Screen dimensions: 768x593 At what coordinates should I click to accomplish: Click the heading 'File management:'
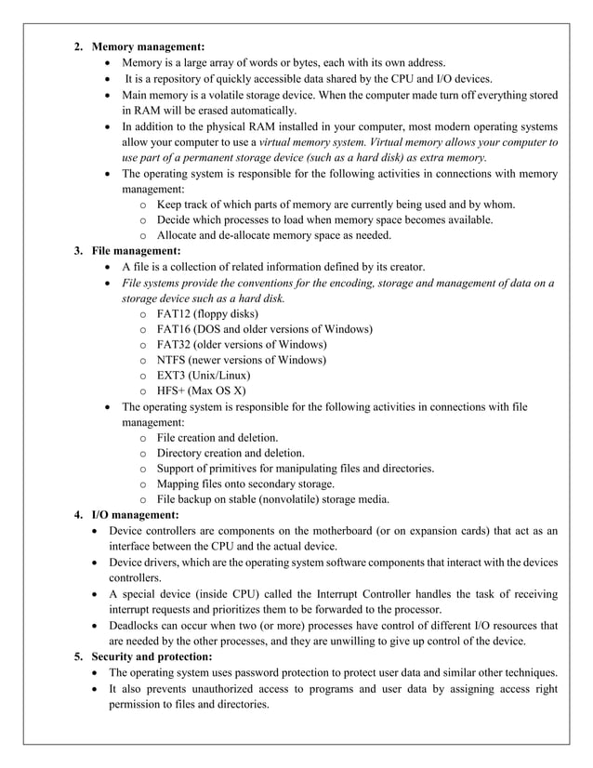(x=135, y=251)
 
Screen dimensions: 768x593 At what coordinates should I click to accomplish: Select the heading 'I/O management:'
(x=134, y=515)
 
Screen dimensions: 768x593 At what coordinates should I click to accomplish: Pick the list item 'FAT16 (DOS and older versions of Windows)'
(x=264, y=329)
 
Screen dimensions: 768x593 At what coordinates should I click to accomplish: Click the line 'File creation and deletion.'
(x=217, y=437)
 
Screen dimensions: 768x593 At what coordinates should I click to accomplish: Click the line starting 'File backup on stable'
(x=272, y=499)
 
